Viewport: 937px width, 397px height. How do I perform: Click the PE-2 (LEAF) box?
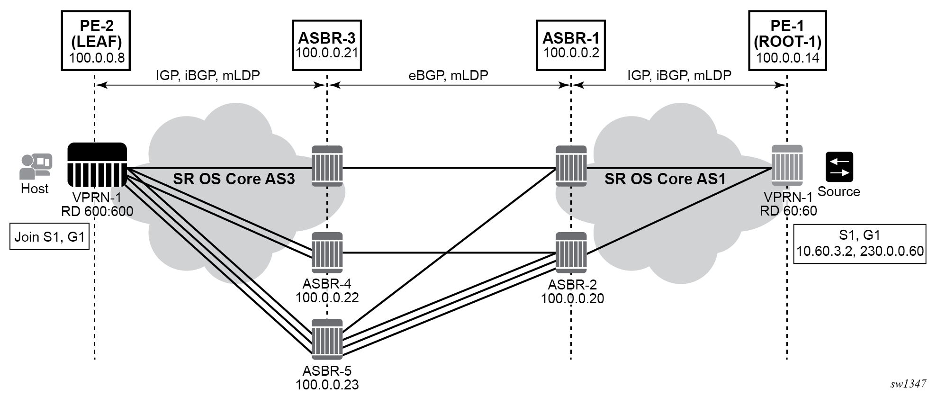(96, 41)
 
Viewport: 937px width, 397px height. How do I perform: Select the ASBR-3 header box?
(327, 45)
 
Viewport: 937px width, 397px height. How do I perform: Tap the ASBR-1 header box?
(571, 45)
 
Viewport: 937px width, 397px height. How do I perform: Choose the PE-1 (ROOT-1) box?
(787, 41)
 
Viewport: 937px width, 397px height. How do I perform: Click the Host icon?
(36, 166)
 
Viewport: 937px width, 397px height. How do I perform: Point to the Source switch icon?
(839, 167)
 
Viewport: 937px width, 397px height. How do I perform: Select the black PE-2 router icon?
(97, 164)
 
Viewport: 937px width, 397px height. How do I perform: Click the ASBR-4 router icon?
(327, 253)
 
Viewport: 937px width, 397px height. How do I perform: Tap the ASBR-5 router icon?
(327, 339)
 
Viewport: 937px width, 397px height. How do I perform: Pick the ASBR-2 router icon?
(571, 253)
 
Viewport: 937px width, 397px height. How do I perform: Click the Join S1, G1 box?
(50, 236)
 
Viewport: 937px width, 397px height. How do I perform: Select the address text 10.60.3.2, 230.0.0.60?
(860, 251)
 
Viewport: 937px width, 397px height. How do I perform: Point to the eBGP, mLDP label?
(448, 75)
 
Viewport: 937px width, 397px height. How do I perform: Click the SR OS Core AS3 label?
(234, 179)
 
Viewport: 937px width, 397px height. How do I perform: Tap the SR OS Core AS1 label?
(665, 179)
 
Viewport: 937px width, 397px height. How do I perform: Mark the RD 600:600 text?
(97, 211)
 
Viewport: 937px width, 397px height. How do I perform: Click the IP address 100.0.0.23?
(327, 384)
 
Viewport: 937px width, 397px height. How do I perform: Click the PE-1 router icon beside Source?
(787, 165)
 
